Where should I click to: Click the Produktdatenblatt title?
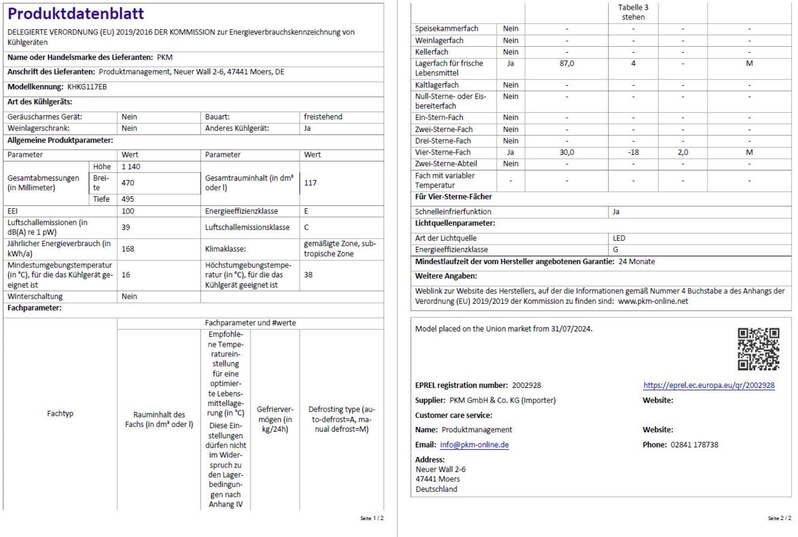(76, 14)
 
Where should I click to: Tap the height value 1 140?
(131, 166)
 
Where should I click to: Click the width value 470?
(127, 183)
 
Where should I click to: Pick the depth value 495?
(127, 199)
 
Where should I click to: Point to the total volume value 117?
(310, 183)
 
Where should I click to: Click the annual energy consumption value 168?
(127, 249)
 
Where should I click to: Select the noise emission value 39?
(126, 227)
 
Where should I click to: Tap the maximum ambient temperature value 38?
(308, 275)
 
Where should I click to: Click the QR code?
(758, 349)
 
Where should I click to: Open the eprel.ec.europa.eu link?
(709, 385)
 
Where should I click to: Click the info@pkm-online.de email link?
(474, 445)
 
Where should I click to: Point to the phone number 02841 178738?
(694, 445)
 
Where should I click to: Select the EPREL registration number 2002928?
(526, 385)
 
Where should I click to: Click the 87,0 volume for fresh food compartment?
(566, 64)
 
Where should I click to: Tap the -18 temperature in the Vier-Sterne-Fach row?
(633, 152)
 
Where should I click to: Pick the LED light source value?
(619, 238)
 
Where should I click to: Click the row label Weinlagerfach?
(439, 40)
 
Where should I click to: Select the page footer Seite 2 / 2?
(779, 518)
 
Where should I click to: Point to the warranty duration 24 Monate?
(637, 261)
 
